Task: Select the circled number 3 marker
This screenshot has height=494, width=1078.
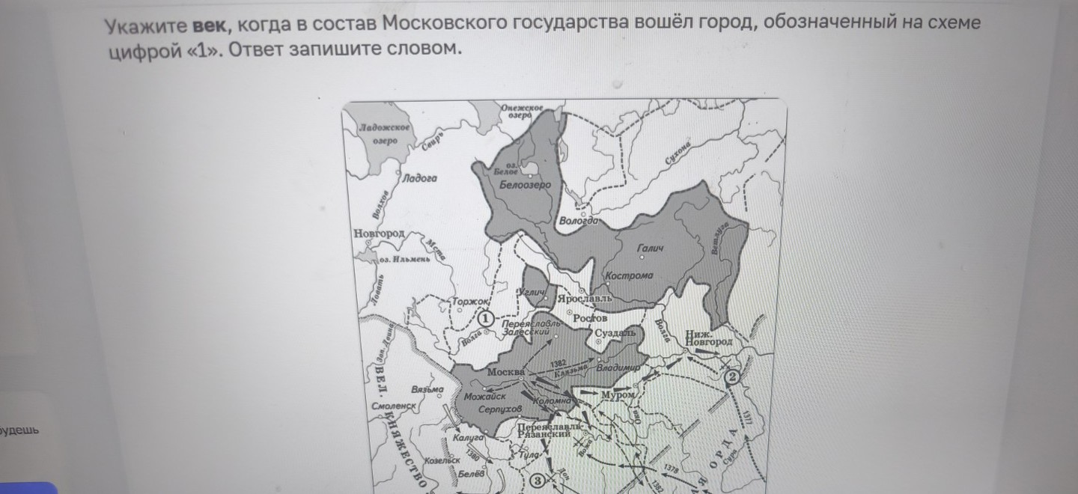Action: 537,481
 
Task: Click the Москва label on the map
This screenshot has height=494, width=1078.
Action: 506,372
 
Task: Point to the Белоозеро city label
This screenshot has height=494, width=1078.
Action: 524,185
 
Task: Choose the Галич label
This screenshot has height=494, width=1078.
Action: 650,248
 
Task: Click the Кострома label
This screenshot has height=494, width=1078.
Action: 629,275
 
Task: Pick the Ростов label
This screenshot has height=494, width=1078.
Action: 590,318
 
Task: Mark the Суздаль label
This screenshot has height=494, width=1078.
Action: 615,332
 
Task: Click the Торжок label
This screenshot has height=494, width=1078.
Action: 470,303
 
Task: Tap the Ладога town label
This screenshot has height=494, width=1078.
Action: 419,178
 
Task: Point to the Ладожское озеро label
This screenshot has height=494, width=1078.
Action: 384,135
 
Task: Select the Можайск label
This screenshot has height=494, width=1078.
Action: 485,396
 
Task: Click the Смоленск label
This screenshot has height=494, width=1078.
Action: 393,406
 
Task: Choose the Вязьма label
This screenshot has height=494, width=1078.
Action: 427,390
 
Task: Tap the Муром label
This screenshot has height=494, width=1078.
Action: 618,394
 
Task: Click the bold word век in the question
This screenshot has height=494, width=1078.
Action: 208,24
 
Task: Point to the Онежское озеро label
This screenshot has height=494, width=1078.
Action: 521,112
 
